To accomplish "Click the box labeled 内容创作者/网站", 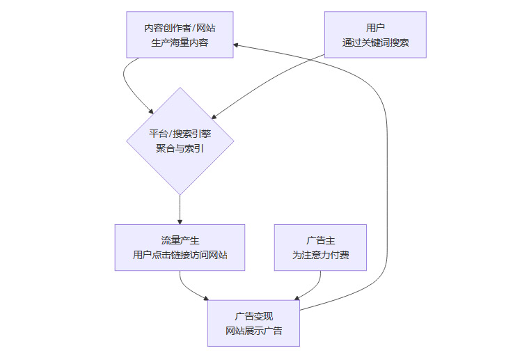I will (180, 34).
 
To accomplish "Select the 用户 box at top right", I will (375, 34).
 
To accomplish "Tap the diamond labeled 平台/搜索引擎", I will (180, 141).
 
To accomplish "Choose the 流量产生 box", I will (180, 247).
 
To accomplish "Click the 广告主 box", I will (320, 247).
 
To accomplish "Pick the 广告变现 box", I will (253, 323).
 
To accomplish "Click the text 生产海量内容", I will (180, 42).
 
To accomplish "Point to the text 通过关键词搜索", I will (375, 42).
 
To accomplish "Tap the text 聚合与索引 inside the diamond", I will (180, 148).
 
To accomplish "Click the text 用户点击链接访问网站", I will (180, 256).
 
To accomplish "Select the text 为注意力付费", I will (320, 256).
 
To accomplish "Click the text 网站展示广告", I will (253, 331).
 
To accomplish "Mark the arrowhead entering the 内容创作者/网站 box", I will (237, 44).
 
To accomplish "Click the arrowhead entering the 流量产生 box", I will (180, 221).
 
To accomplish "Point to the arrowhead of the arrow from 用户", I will (215, 117).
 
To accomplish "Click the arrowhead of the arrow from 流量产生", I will (207, 298).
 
